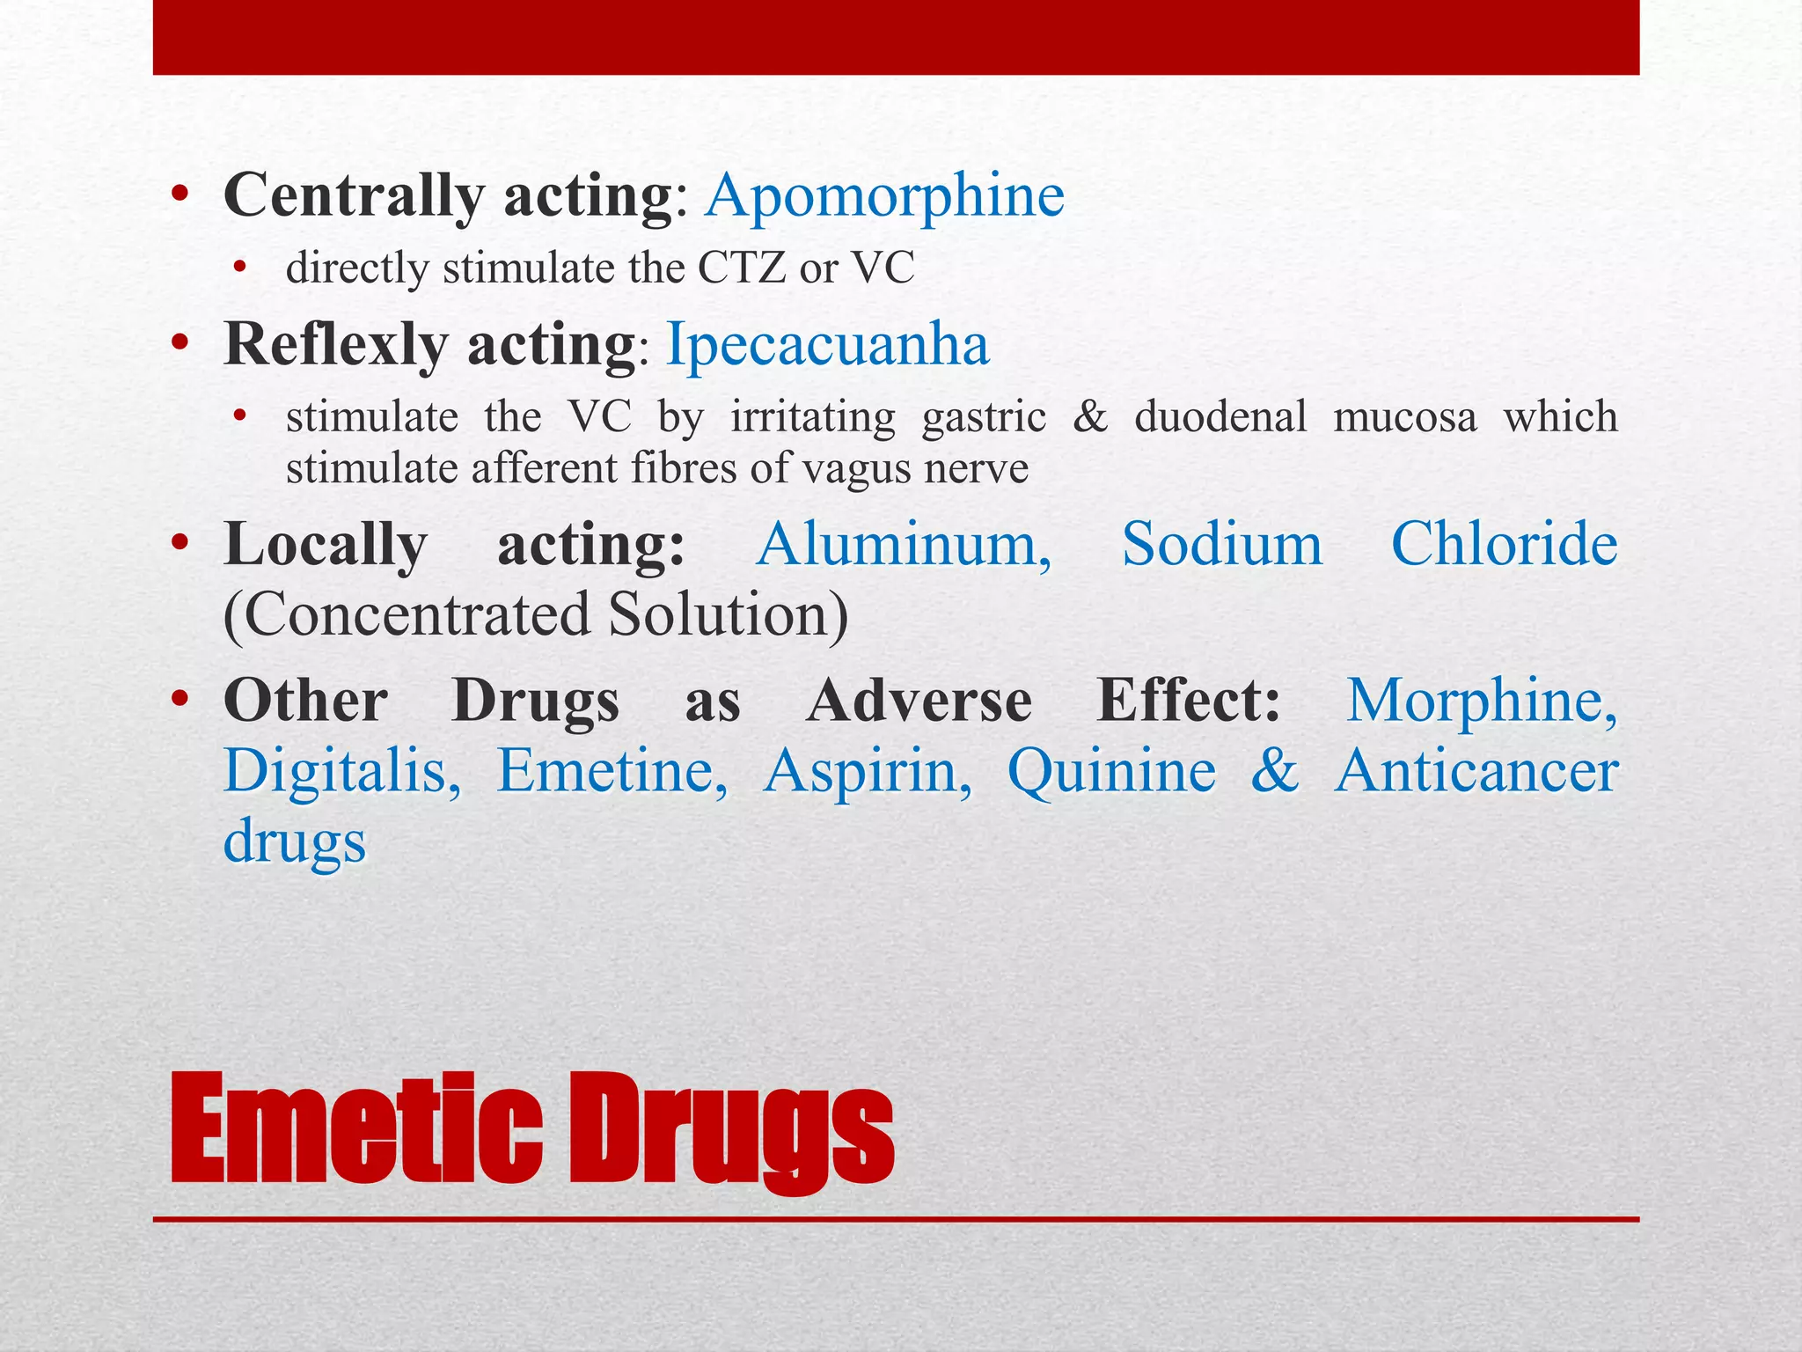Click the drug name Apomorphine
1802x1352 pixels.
tap(884, 195)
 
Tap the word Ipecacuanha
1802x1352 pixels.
tap(827, 344)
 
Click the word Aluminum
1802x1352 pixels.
tap(904, 544)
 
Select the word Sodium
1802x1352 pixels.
tap(1222, 544)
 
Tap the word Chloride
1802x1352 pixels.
tap(1504, 544)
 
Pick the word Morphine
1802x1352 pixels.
tap(1482, 701)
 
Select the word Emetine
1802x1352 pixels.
tap(612, 771)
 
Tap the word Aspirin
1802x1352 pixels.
tap(868, 771)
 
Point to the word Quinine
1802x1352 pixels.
tap(1111, 771)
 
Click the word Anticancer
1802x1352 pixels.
tap(1476, 771)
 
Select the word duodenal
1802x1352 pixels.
tap(1220, 416)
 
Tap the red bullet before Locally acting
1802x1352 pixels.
tap(180, 543)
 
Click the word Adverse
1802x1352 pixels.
tap(919, 701)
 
